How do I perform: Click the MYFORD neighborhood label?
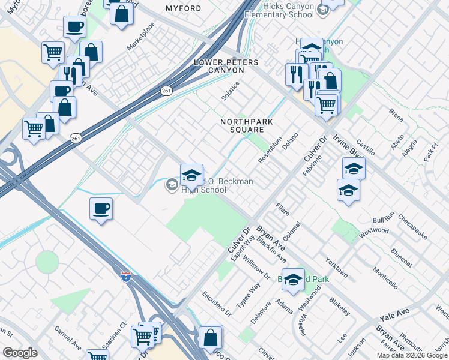pyautogui.click(x=182, y=8)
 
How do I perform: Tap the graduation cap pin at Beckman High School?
pyautogui.click(x=191, y=175)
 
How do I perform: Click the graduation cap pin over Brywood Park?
pyautogui.click(x=293, y=280)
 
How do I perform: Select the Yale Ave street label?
pyautogui.click(x=394, y=313)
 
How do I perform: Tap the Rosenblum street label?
pyautogui.click(x=270, y=150)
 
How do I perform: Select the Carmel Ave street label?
pyautogui.click(x=68, y=338)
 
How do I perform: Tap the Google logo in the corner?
pyautogui.click(x=19, y=353)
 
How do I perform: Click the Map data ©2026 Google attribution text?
pyautogui.click(x=412, y=355)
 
